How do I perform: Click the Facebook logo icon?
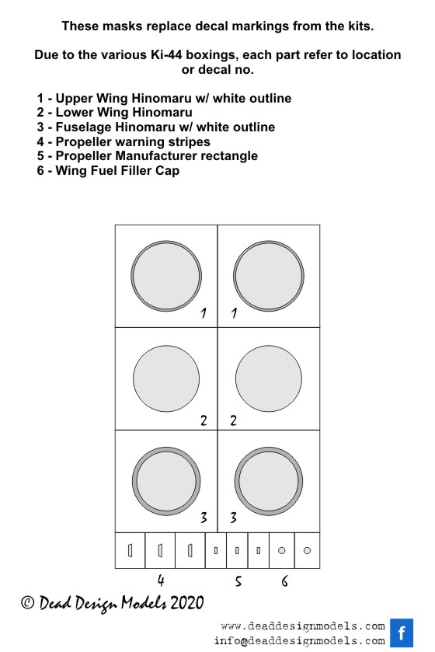pyautogui.click(x=402, y=633)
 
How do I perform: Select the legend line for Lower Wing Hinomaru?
pyautogui.click(x=115, y=112)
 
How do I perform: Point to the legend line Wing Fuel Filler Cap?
pyautogui.click(x=108, y=170)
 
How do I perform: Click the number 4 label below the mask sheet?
pyautogui.click(x=161, y=581)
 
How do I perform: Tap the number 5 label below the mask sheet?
pyautogui.click(x=238, y=581)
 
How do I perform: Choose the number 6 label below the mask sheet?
pyautogui.click(x=284, y=581)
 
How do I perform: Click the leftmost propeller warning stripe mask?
pyautogui.click(x=130, y=550)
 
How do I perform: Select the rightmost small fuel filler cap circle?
pyautogui.click(x=307, y=550)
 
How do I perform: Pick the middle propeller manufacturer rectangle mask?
pyautogui.click(x=237, y=550)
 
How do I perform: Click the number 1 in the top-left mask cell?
pyautogui.click(x=204, y=312)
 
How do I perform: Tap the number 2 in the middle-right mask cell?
pyautogui.click(x=234, y=420)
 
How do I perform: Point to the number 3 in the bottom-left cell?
pyautogui.click(x=204, y=518)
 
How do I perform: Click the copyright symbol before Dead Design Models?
pyautogui.click(x=27, y=602)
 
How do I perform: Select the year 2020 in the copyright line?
pyautogui.click(x=187, y=602)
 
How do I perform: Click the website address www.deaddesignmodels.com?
pyautogui.click(x=303, y=626)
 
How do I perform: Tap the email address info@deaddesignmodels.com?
pyautogui.click(x=300, y=640)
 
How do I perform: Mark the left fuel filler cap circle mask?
pyautogui.click(x=282, y=550)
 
